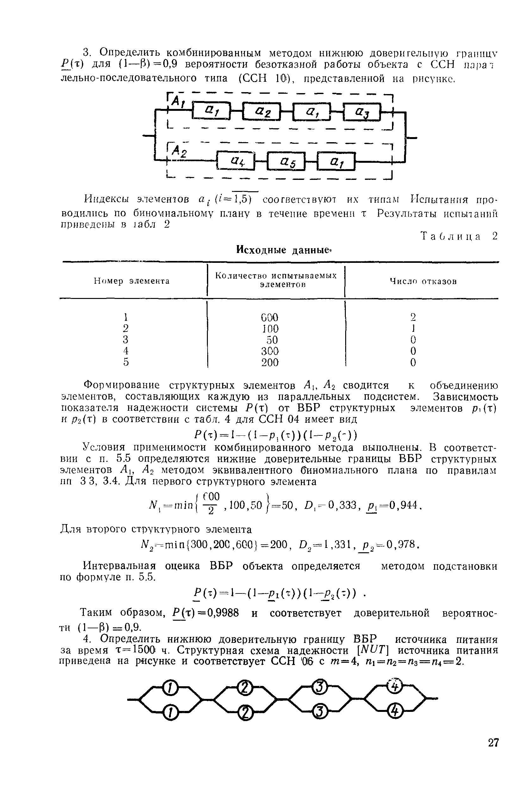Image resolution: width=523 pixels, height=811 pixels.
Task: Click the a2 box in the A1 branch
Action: (x=261, y=112)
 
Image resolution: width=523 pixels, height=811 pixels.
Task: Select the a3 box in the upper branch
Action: (x=362, y=112)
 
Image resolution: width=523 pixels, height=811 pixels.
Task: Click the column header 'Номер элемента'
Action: (x=132, y=281)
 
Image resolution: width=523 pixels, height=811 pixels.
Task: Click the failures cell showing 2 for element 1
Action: (x=413, y=317)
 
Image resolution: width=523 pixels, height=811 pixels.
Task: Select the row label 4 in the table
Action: (x=126, y=351)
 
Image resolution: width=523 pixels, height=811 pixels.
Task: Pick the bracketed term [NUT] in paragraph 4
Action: (x=373, y=650)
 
